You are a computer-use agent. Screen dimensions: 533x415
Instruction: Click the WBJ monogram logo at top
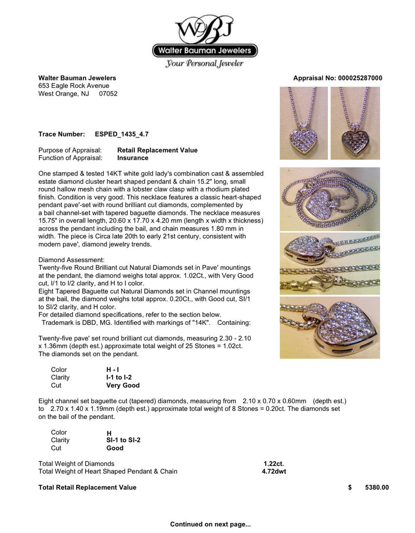[x=204, y=30]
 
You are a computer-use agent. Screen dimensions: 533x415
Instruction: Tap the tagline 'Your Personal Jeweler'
[x=204, y=64]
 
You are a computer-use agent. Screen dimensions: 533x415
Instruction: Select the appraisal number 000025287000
[x=359, y=78]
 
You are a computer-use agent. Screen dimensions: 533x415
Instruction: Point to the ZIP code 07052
[x=108, y=94]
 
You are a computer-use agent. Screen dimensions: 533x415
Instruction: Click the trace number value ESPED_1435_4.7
[x=122, y=134]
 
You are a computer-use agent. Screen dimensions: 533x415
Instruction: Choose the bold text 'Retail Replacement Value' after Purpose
[x=157, y=150]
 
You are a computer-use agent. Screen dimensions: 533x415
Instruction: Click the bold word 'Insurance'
[x=133, y=158]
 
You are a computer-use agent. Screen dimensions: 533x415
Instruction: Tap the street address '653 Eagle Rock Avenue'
[x=74, y=86]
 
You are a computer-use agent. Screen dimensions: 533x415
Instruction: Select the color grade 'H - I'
[x=113, y=370]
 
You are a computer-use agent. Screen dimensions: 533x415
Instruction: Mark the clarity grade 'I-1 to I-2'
[x=119, y=377]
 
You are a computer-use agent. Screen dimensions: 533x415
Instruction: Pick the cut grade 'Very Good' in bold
[x=122, y=386]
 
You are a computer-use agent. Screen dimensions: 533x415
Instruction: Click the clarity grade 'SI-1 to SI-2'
[x=123, y=440]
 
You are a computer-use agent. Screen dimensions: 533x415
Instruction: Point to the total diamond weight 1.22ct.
[x=274, y=463]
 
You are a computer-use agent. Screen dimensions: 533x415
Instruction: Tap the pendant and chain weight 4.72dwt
[x=274, y=471]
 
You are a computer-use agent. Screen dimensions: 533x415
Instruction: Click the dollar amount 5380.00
[x=377, y=487]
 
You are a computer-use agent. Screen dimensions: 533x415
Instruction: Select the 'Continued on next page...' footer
[x=210, y=524]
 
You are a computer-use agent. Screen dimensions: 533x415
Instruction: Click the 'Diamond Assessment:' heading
[x=72, y=259]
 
